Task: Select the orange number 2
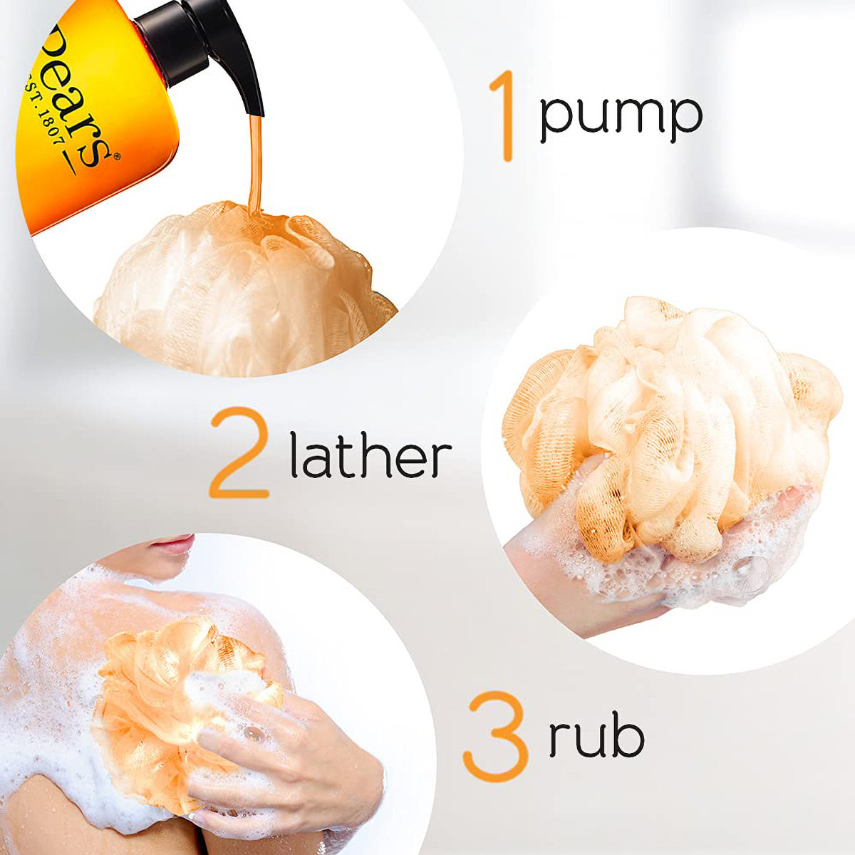pyautogui.click(x=239, y=452)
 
